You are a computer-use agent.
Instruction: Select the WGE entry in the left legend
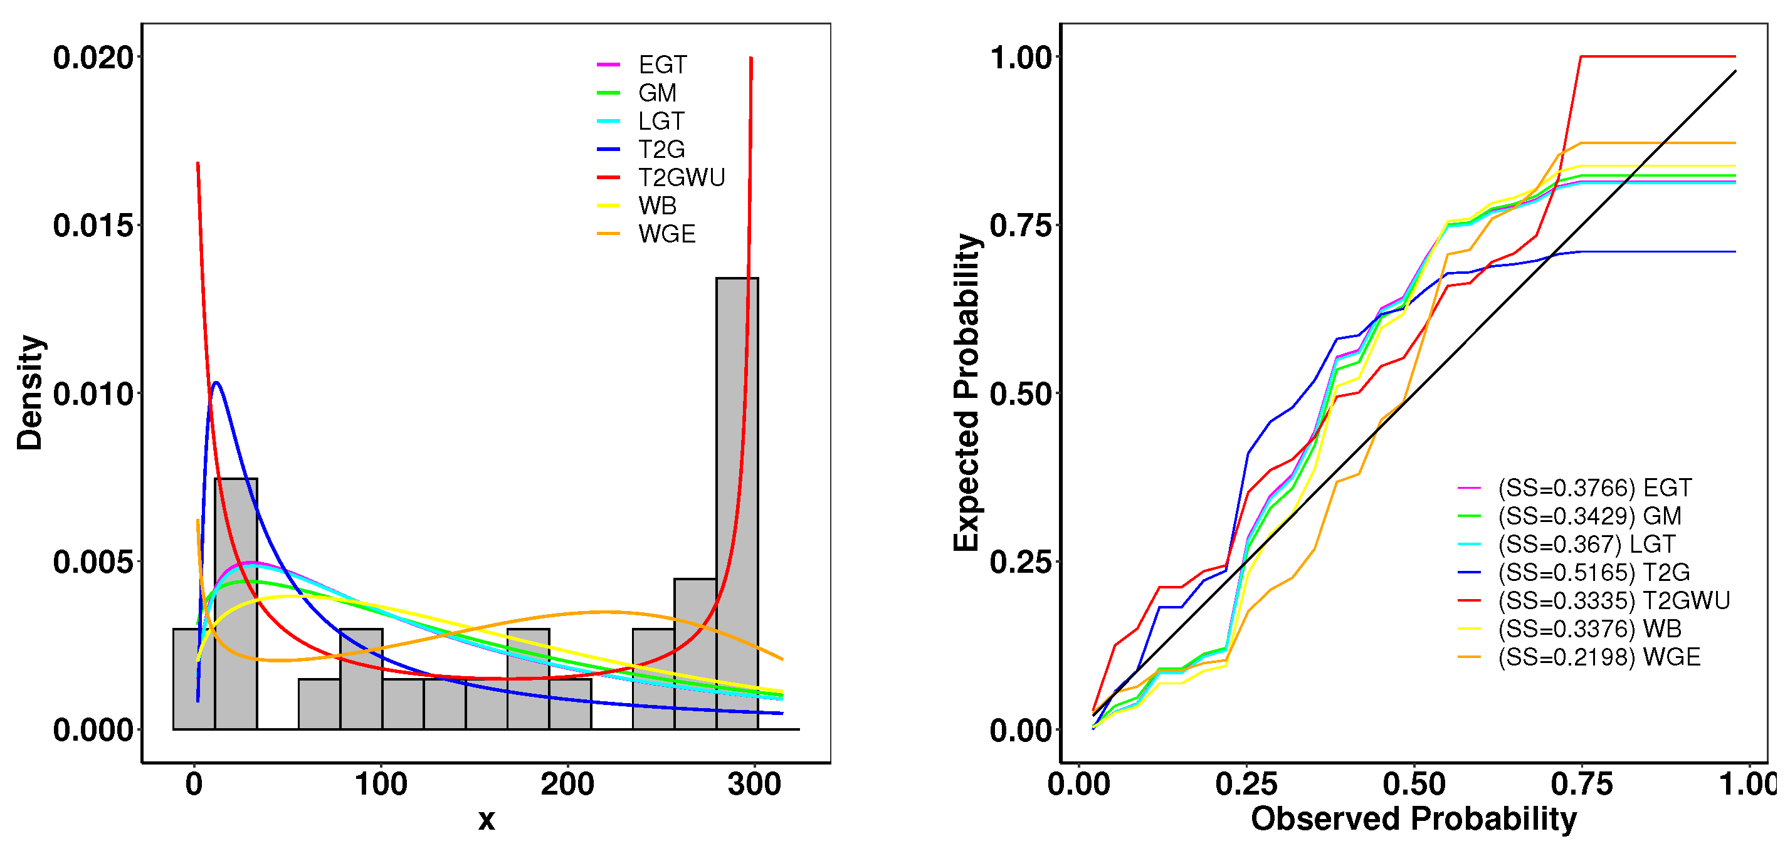click(666, 234)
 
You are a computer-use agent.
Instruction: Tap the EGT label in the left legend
click(661, 65)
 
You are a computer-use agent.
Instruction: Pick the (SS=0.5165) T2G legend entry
click(1593, 572)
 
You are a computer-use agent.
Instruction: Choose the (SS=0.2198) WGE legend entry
click(1598, 657)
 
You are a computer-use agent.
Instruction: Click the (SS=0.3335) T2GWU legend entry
click(1613, 601)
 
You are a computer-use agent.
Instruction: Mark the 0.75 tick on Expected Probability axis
click(1020, 226)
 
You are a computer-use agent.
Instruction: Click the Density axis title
click(30, 392)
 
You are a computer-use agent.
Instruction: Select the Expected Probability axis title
click(966, 392)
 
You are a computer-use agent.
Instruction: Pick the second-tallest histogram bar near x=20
click(236, 604)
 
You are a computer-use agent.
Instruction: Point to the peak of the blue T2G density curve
click(217, 383)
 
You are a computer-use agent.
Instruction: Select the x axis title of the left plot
click(487, 820)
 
